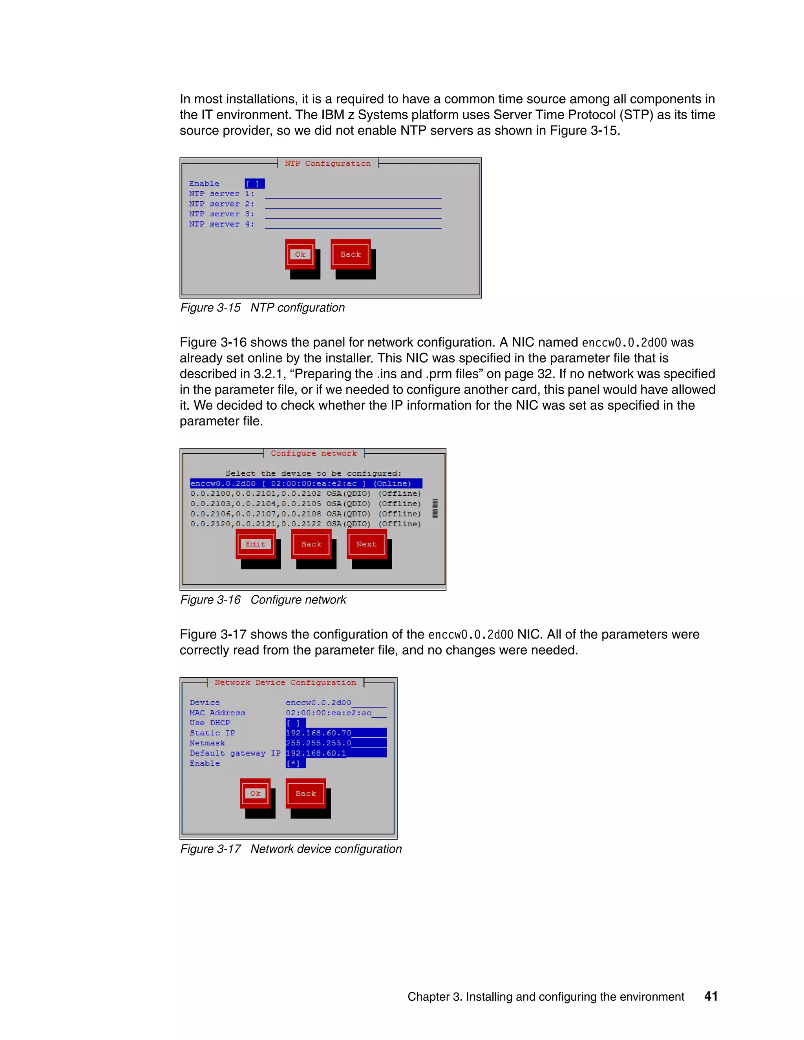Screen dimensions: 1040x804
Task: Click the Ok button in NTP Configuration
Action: tap(300, 254)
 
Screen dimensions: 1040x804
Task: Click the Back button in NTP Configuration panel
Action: tap(351, 254)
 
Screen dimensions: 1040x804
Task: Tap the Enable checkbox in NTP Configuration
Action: tap(254, 184)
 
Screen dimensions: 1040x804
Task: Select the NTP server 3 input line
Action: tap(353, 214)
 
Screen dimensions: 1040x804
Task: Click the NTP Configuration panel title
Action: tap(328, 163)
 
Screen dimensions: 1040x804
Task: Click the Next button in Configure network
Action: tap(366, 544)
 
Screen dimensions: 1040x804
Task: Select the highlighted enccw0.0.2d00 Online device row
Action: tap(305, 484)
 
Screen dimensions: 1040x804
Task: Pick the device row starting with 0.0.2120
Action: tap(305, 524)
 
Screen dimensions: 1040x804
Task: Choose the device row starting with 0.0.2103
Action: tap(305, 504)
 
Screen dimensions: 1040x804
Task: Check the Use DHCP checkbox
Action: tap(295, 723)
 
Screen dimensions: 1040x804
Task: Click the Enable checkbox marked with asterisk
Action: tap(295, 763)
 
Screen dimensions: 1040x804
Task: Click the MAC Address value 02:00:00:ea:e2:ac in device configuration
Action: tap(329, 713)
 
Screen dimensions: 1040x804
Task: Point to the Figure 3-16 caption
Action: tap(263, 600)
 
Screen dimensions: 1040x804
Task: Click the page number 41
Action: tap(711, 996)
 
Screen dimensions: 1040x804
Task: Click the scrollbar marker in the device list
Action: tap(435, 509)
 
